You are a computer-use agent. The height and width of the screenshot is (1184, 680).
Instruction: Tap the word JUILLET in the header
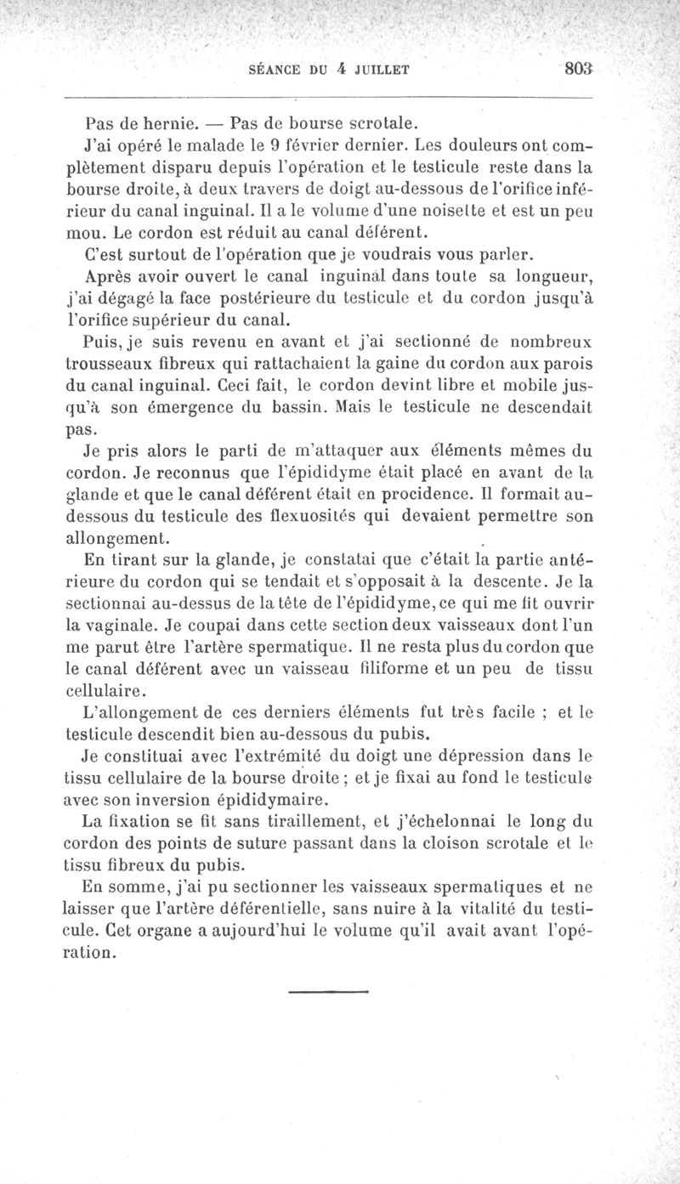[376, 72]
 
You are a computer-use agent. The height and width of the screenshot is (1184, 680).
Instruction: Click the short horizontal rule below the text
[326, 991]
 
